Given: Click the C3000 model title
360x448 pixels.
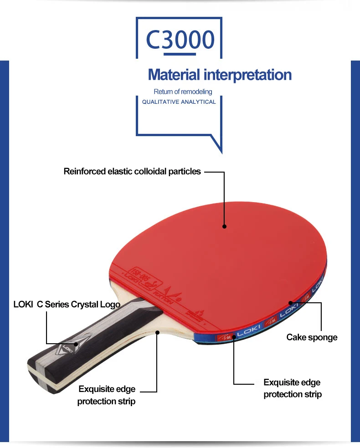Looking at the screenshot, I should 180,40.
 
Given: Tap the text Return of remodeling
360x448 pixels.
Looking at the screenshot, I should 183,92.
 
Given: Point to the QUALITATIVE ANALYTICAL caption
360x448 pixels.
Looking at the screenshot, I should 179,102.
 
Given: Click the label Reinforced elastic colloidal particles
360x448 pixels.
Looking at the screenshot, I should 132,172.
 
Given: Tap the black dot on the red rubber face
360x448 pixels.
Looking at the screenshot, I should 224,225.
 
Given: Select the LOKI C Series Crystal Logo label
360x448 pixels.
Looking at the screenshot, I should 67,305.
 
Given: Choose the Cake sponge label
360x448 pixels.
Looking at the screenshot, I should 312,337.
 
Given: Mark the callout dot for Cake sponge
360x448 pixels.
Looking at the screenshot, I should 290,302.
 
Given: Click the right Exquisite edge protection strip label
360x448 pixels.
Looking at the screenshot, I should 292,388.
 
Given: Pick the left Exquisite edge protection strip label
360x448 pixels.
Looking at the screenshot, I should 107,395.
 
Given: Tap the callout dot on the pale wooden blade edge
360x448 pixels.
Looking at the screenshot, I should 157,332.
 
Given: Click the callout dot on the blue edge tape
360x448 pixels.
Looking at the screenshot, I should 234,336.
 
